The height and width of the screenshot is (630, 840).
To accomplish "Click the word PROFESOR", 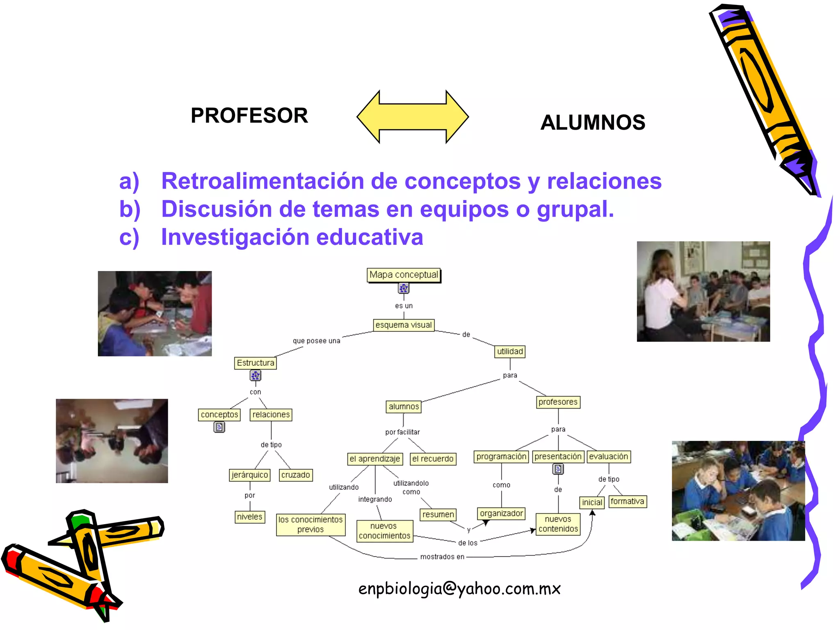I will click(249, 116).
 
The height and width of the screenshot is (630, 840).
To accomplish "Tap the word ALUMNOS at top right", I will click(593, 123).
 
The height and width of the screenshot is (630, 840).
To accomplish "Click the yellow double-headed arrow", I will click(413, 117).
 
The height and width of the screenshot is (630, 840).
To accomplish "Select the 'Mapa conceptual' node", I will click(404, 275).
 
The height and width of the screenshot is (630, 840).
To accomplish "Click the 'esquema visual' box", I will click(404, 325).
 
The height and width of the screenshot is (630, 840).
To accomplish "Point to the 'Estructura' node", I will click(255, 363).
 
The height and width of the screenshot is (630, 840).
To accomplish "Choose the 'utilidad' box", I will click(510, 352).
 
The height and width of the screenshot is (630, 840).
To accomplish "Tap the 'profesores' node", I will click(558, 402).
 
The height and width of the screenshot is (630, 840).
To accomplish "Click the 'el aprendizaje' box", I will click(375, 459).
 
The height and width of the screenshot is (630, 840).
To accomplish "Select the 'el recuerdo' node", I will click(433, 459).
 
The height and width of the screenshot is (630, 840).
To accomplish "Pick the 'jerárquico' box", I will click(250, 475).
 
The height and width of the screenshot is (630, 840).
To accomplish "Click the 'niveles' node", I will click(250, 517).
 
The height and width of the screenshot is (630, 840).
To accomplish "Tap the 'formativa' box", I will click(628, 502).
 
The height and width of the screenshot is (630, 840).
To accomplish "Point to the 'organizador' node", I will click(501, 514).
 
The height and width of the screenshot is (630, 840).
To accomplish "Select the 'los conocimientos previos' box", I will click(310, 525).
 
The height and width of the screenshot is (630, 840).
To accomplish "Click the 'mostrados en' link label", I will click(442, 557).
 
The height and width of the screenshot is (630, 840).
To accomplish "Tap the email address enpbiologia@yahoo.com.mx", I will click(459, 589).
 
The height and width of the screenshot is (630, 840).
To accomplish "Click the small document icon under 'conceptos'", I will click(219, 427).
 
